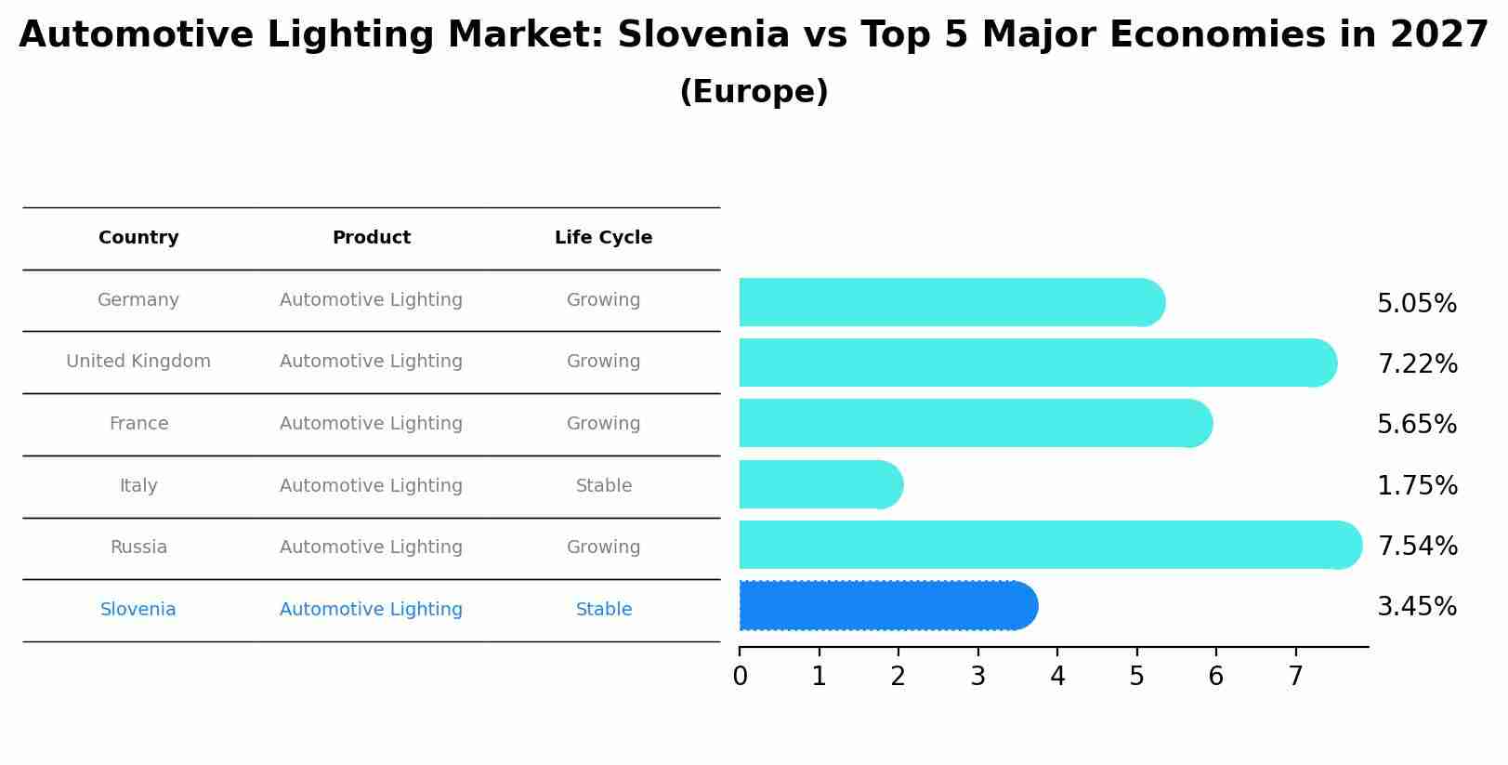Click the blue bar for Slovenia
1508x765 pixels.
pos(887,606)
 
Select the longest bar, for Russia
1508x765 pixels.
pos(1050,545)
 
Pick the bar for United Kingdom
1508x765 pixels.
pos(1037,363)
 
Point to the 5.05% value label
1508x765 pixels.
pos(1416,304)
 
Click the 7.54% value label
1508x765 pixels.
pos(1417,546)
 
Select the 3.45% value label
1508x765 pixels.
pos(1416,607)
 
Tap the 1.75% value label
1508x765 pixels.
pos(1416,485)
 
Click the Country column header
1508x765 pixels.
pos(138,238)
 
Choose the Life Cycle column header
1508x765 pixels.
pos(603,238)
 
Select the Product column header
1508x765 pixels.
pos(371,238)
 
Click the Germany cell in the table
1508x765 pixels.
pos(138,300)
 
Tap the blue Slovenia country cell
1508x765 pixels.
pos(138,610)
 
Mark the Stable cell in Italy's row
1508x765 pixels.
pos(603,486)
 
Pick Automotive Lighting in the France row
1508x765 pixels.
pos(371,424)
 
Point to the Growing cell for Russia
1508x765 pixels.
pos(603,547)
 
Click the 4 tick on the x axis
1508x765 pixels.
pos(1057,677)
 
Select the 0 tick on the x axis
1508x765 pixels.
pos(740,677)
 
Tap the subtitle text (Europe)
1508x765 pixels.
pos(754,92)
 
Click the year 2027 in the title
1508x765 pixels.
pos(1439,35)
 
